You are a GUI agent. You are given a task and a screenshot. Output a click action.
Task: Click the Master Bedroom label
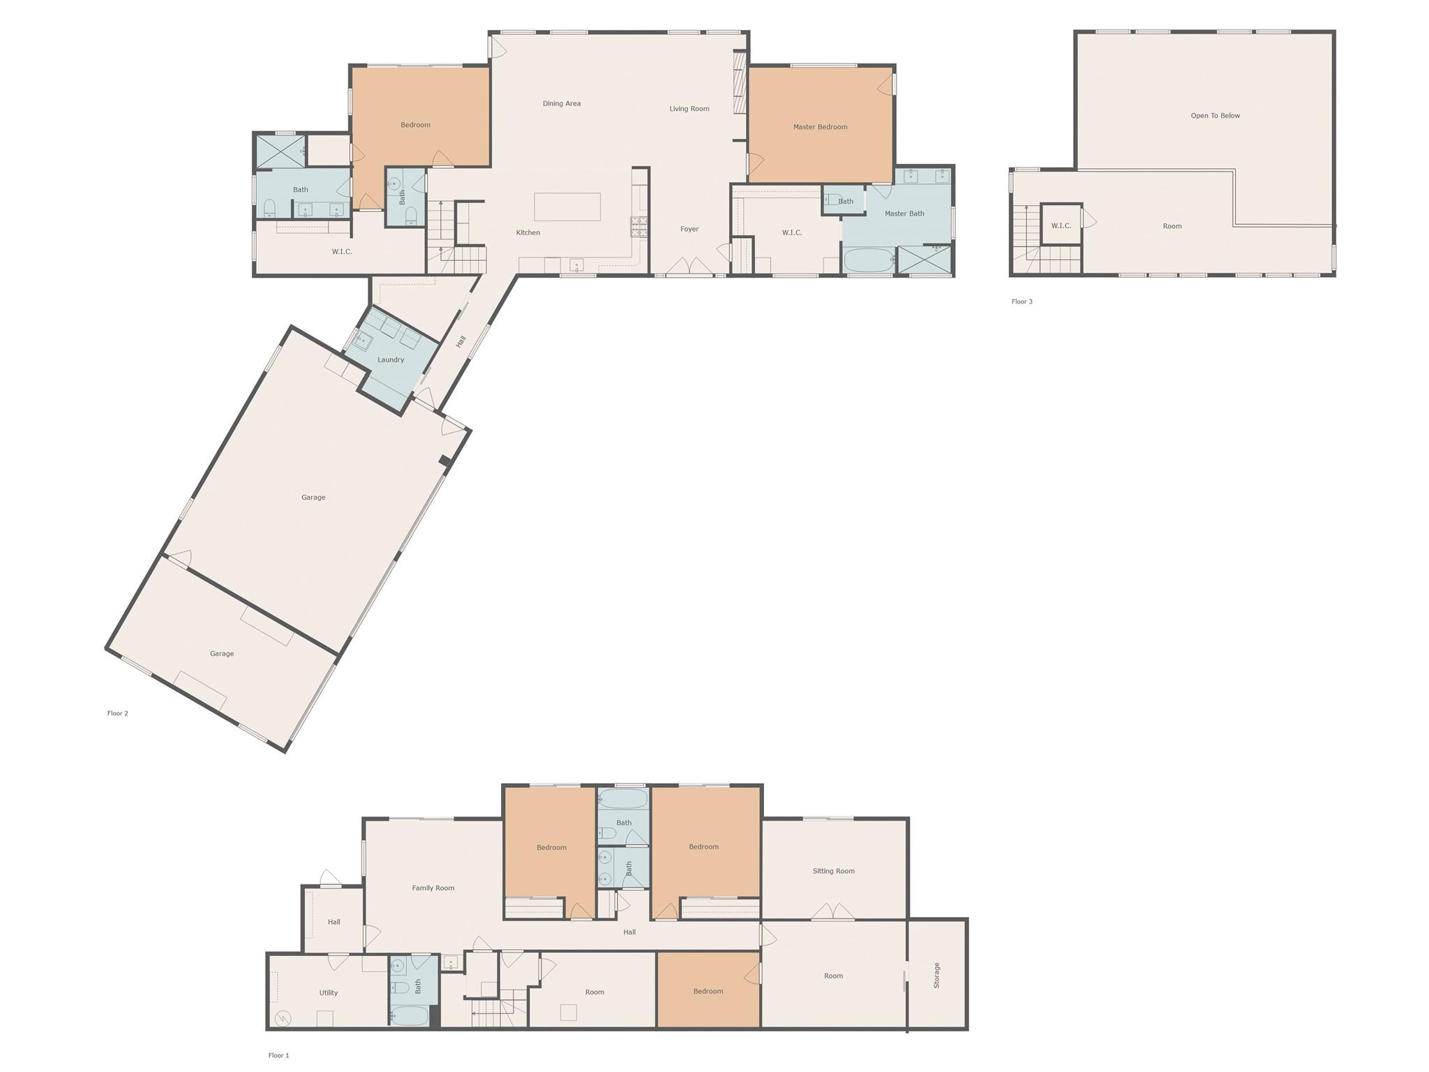click(820, 127)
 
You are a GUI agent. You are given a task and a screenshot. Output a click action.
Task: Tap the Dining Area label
click(562, 103)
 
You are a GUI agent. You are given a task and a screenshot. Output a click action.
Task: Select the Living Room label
click(689, 109)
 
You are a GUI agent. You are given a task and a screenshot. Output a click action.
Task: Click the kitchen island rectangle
click(567, 207)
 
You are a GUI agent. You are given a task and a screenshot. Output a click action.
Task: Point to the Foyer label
click(689, 229)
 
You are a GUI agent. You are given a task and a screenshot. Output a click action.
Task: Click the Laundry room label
click(391, 360)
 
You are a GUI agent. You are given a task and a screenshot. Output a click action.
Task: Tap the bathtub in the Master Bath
click(869, 260)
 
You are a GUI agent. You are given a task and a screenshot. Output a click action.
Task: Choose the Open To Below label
click(1215, 116)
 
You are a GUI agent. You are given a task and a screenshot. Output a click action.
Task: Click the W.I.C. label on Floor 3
click(1061, 226)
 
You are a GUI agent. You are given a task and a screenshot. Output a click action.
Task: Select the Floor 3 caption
click(1022, 301)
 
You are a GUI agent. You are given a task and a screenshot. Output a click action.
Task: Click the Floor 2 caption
click(117, 713)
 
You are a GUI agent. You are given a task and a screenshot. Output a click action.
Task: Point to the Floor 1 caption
click(278, 1055)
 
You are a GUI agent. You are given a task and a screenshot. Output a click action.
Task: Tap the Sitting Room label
click(833, 871)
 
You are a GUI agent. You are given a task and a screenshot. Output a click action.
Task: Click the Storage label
click(937, 975)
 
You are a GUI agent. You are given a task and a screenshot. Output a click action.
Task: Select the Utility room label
click(328, 992)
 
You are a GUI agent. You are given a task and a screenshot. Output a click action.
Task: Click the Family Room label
click(433, 888)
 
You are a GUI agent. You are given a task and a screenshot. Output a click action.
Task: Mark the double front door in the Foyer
click(689, 267)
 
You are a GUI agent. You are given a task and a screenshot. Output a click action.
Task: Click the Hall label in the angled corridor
click(461, 342)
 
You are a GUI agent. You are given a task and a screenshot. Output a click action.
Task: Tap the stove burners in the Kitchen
click(639, 225)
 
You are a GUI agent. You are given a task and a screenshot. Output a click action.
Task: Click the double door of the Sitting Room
click(832, 912)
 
